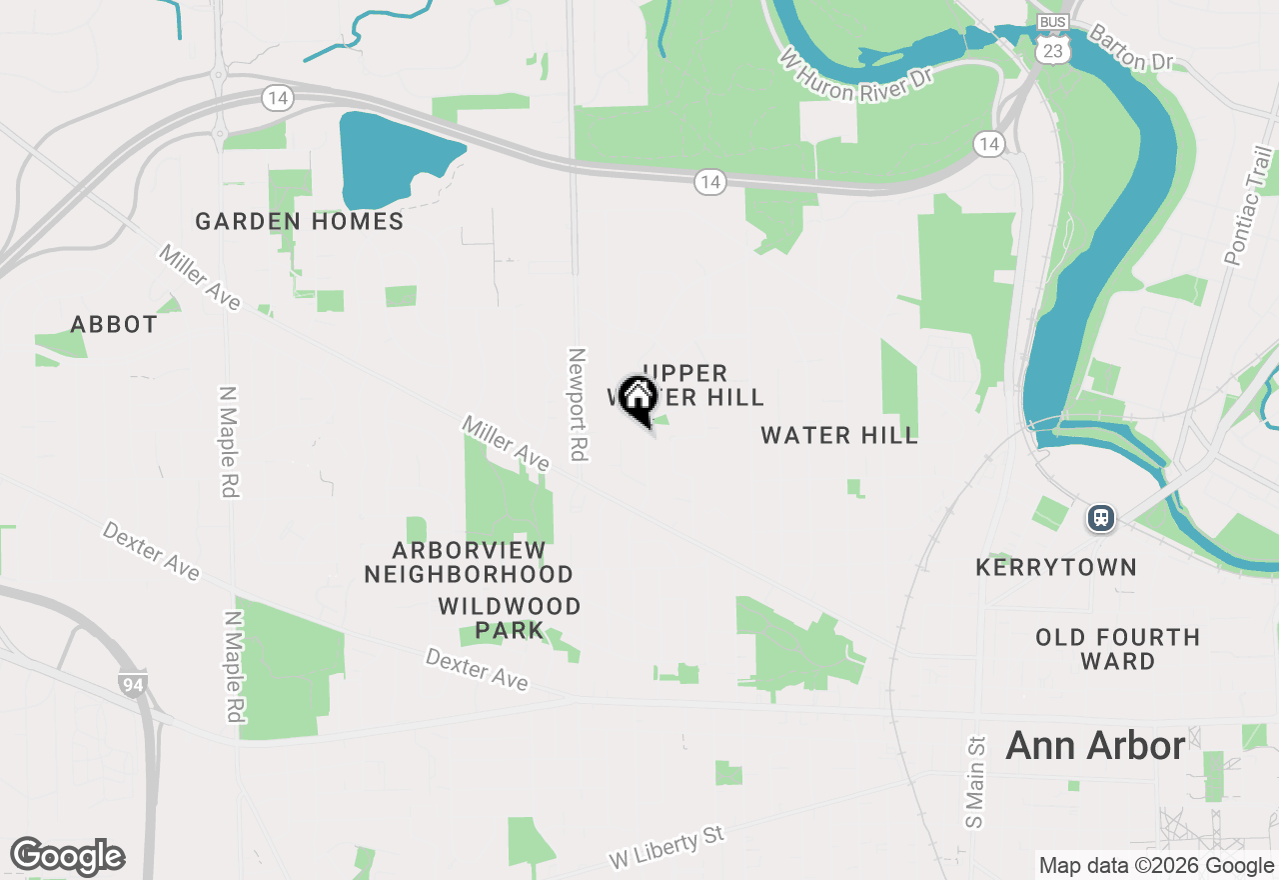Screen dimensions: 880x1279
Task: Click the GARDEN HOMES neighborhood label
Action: tap(300, 221)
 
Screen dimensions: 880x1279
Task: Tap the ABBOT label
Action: tap(114, 325)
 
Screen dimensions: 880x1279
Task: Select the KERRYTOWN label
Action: tap(1056, 568)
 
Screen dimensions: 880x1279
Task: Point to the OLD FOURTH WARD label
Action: tap(1117, 649)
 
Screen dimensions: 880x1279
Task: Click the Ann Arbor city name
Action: tap(1095, 745)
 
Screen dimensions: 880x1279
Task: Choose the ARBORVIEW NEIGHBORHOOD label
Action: tap(469, 562)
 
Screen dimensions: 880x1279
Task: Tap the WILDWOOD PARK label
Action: tap(510, 618)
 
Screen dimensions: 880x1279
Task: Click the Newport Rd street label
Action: tap(577, 404)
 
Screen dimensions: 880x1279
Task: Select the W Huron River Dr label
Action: tap(859, 73)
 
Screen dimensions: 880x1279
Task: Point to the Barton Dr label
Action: tap(1130, 48)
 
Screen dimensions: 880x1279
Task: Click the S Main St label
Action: tap(975, 782)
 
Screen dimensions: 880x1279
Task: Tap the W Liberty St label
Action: tap(666, 847)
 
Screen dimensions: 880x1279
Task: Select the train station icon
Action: tap(1101, 518)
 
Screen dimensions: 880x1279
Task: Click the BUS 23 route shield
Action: tap(1052, 40)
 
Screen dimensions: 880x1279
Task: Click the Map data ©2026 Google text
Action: tap(1156, 866)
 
